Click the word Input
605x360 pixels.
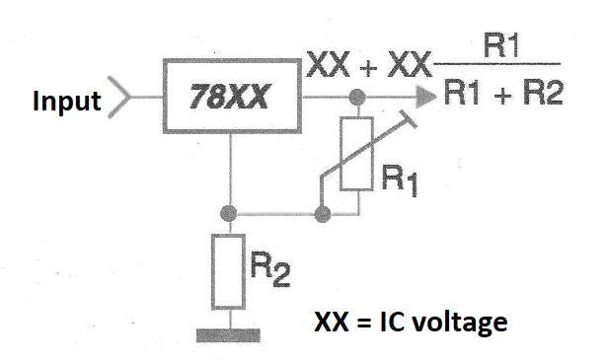(x=67, y=101)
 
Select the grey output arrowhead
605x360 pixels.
(x=426, y=97)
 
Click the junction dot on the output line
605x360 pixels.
(x=357, y=97)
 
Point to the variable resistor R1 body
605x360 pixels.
(x=356, y=154)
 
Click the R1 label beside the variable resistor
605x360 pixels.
(x=400, y=180)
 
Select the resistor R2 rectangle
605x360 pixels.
(x=228, y=272)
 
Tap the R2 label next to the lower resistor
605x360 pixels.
(x=270, y=269)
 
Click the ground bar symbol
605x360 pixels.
(x=228, y=335)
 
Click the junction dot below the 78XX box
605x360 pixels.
(x=228, y=213)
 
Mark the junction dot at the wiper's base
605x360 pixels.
(x=323, y=214)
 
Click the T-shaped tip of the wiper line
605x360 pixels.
(x=409, y=118)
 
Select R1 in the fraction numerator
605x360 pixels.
(x=500, y=46)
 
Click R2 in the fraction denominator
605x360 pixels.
(x=543, y=93)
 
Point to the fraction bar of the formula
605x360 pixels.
(x=497, y=63)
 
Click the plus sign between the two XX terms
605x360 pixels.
(x=368, y=68)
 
